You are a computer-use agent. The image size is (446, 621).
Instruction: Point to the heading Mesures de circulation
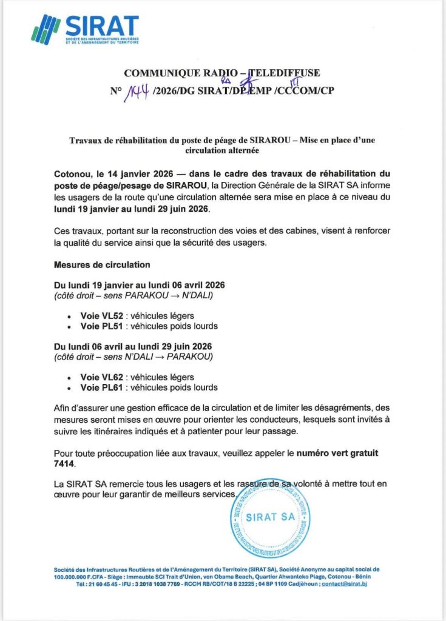pos(102,265)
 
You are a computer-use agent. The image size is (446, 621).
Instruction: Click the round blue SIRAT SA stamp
pos(270,517)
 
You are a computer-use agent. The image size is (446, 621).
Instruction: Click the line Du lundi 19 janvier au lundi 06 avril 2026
pos(140,285)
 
